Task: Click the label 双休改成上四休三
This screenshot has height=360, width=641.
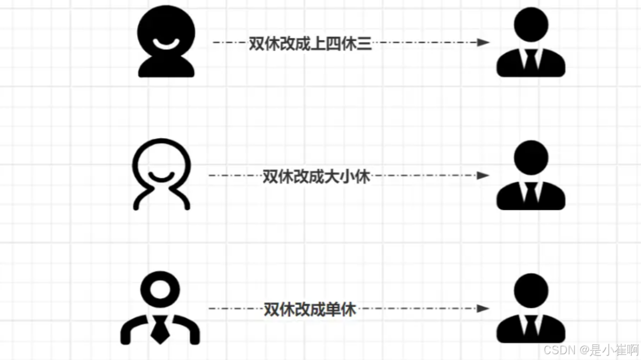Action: pyautogui.click(x=310, y=44)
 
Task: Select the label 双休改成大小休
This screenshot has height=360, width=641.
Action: pyautogui.click(x=316, y=177)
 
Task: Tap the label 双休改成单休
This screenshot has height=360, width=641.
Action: pyautogui.click(x=310, y=309)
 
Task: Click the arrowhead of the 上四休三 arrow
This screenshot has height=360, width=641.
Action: pyautogui.click(x=483, y=42)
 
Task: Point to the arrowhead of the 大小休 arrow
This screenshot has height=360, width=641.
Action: pyautogui.click(x=483, y=176)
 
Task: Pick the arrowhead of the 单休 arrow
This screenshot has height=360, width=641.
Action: pyautogui.click(x=483, y=309)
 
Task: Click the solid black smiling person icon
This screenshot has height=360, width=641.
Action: pyautogui.click(x=166, y=42)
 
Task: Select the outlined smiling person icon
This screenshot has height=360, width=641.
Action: pyautogui.click(x=162, y=174)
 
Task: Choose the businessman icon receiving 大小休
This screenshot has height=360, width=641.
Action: pyautogui.click(x=530, y=175)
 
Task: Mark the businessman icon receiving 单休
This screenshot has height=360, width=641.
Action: pyautogui.click(x=530, y=308)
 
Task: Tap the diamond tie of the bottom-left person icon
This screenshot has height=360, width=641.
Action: pyautogui.click(x=160, y=330)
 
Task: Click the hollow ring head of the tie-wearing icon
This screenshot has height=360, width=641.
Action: pyautogui.click(x=160, y=289)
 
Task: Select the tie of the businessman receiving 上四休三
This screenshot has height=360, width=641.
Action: pyautogui.click(x=531, y=62)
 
